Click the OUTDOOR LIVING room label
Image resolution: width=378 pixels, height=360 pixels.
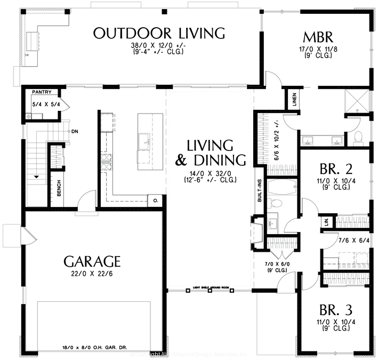[159, 33]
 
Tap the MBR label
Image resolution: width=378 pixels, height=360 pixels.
[318, 37]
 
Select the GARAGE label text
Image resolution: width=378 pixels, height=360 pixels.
[92, 261]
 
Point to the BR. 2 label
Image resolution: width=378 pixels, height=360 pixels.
[336, 170]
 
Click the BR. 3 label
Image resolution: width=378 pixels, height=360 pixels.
[335, 310]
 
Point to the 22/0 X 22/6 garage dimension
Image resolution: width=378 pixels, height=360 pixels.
[92, 274]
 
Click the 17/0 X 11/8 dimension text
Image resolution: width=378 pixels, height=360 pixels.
[318, 49]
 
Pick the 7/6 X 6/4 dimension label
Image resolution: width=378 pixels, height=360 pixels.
[353, 241]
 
